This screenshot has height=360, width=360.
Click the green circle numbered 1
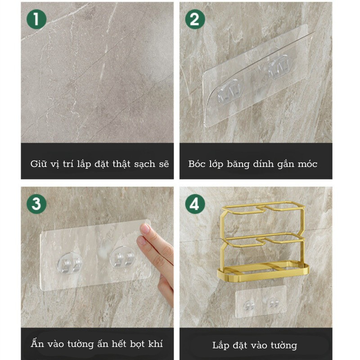click(36, 19)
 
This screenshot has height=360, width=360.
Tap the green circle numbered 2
click(195, 19)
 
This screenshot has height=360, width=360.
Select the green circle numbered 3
click(36, 204)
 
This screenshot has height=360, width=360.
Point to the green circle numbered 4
click(195, 204)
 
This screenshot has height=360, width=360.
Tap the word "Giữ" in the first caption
click(38, 164)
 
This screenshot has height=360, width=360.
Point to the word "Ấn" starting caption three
click(37, 343)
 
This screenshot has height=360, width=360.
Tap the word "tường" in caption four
click(284, 346)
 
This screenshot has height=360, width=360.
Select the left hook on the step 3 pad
click(70, 263)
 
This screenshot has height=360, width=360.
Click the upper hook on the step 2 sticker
click(279, 67)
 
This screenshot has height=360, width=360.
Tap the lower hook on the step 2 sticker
click(230, 92)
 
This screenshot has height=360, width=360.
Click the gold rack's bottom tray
click(263, 272)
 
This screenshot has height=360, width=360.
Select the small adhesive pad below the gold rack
click(261, 301)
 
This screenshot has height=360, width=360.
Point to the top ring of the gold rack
click(263, 208)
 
